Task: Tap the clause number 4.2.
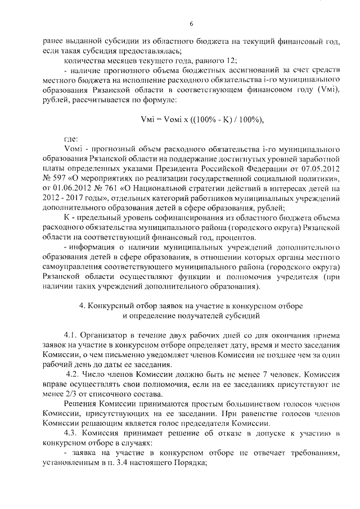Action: (74, 373)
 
